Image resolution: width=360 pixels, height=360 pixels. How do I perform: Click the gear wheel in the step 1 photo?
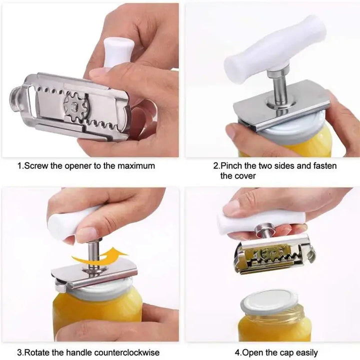tap(76, 104)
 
